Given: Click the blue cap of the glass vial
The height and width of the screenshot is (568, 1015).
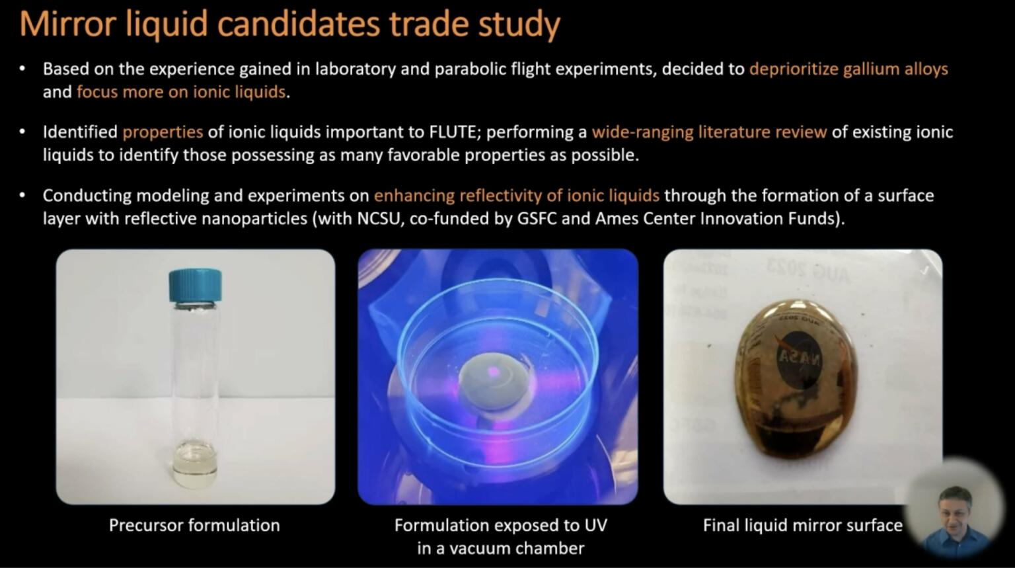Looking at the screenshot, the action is [196, 285].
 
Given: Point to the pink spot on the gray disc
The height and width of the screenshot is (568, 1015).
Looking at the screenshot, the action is [492, 373].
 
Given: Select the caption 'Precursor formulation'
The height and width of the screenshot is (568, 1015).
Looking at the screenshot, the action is [194, 525].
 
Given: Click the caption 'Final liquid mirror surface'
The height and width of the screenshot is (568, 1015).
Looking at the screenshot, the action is [802, 525].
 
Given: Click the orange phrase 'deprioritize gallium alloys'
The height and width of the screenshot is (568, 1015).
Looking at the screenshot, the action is [848, 69].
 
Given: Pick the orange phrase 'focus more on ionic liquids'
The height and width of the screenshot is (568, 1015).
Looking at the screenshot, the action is [181, 92].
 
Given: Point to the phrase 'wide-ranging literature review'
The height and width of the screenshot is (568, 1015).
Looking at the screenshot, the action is [710, 132].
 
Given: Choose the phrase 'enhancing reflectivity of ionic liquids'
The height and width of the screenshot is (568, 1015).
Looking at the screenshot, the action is [517, 196].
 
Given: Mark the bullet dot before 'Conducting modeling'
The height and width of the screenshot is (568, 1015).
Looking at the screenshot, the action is [22, 196].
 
